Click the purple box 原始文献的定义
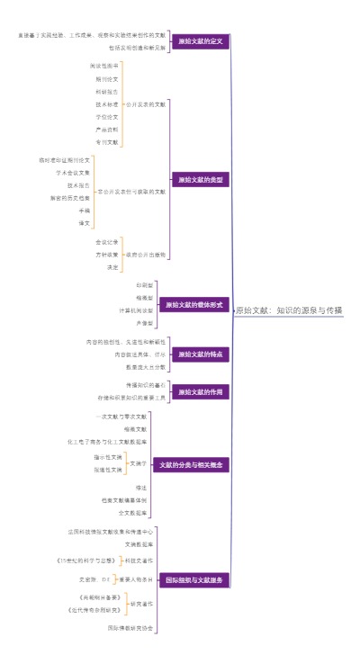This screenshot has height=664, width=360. click(199, 41)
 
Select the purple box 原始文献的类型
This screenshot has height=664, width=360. click(199, 180)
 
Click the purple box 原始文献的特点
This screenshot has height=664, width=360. click(199, 354)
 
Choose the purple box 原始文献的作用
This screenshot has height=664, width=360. click(199, 391)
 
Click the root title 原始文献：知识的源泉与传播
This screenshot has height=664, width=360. click(289, 310)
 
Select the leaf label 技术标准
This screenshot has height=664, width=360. click(106, 104)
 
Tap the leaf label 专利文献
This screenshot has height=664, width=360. click(106, 142)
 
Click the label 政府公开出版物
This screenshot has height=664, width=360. click(146, 254)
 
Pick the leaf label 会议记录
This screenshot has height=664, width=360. click(106, 241)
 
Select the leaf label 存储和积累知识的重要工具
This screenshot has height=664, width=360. click(132, 397)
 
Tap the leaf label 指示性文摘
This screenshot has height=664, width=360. click(107, 457)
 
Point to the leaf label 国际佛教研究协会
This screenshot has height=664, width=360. click(131, 627)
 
